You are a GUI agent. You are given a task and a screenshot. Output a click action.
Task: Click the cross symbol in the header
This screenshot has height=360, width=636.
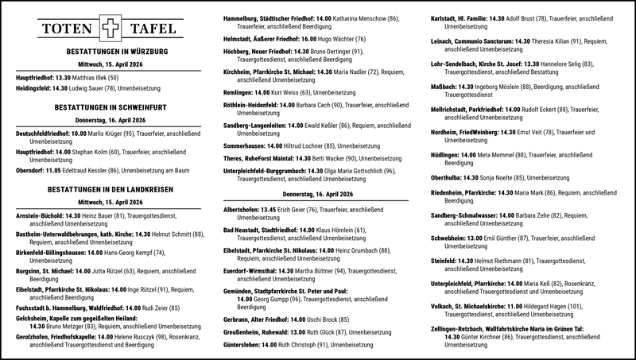pyautogui.click(x=109, y=29)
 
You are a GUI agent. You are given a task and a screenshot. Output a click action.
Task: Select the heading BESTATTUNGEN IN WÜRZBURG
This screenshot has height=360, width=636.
pyautogui.click(x=109, y=51)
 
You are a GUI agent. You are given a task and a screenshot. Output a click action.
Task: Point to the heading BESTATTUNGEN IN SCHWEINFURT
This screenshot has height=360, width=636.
pyautogui.click(x=109, y=106)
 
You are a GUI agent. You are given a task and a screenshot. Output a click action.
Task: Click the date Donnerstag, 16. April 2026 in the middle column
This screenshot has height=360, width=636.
pyautogui.click(x=319, y=194)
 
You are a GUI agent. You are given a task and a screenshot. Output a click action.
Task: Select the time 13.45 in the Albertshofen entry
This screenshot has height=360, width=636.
pyautogui.click(x=271, y=210)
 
